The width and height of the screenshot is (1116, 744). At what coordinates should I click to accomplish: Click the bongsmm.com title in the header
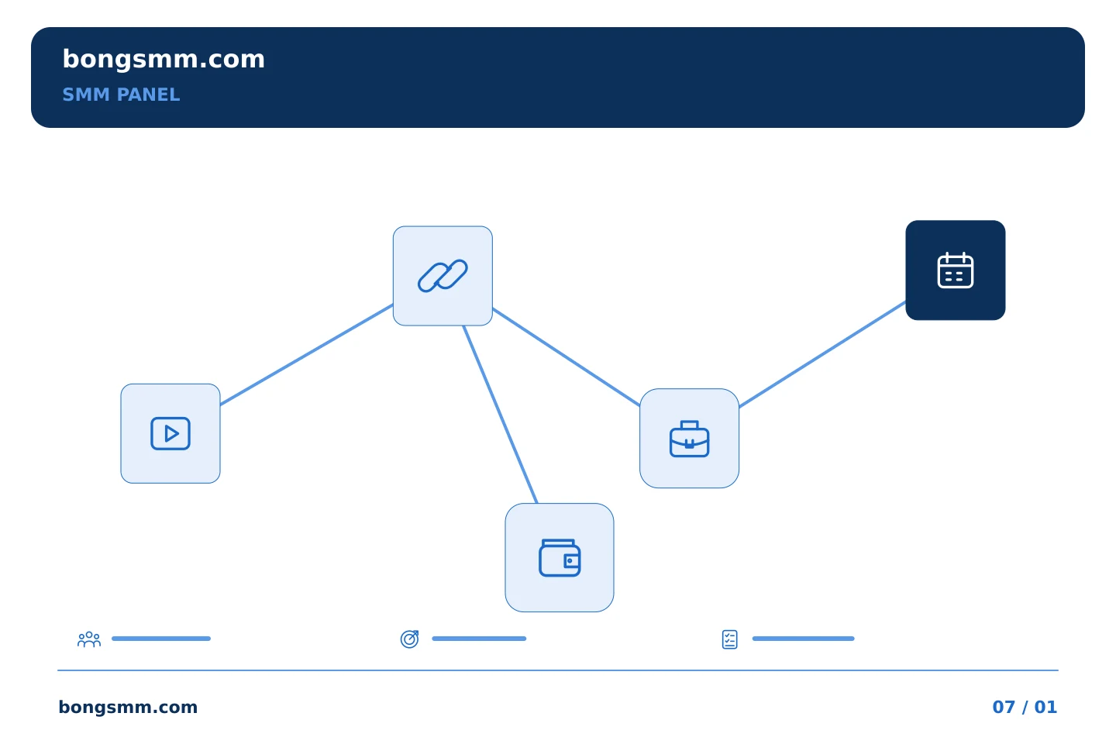point(164,60)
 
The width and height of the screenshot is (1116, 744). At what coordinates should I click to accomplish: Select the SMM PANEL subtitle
point(121,95)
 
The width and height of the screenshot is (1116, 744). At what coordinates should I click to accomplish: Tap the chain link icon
point(443,276)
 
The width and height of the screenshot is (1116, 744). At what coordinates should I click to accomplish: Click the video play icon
point(170,433)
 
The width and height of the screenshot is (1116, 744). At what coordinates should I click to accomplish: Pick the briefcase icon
point(689,439)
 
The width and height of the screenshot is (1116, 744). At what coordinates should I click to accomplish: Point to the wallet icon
point(560,558)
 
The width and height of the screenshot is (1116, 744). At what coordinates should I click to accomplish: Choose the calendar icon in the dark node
point(955,270)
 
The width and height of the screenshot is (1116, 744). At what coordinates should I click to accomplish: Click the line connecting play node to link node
point(306,355)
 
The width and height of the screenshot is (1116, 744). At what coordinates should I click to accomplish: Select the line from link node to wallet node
point(500,414)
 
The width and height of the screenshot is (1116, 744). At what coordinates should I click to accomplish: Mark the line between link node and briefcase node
point(566,357)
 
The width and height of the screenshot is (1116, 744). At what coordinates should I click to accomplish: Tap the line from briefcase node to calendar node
point(822,354)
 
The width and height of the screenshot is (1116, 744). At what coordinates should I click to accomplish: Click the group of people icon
point(89,639)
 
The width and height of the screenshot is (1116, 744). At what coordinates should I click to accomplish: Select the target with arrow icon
point(409,639)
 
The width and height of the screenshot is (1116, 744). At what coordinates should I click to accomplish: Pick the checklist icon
point(729,639)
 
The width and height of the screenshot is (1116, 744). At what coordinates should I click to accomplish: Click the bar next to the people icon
point(161,639)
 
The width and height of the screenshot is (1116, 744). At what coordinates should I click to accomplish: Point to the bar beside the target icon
point(479,639)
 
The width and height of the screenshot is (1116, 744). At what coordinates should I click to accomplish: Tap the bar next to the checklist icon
point(803,639)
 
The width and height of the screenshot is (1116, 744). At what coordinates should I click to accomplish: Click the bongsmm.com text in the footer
point(128,707)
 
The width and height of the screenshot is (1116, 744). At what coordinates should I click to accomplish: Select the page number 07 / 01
point(1025,707)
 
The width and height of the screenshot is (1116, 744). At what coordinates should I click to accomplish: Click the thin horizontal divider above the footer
point(558,670)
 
